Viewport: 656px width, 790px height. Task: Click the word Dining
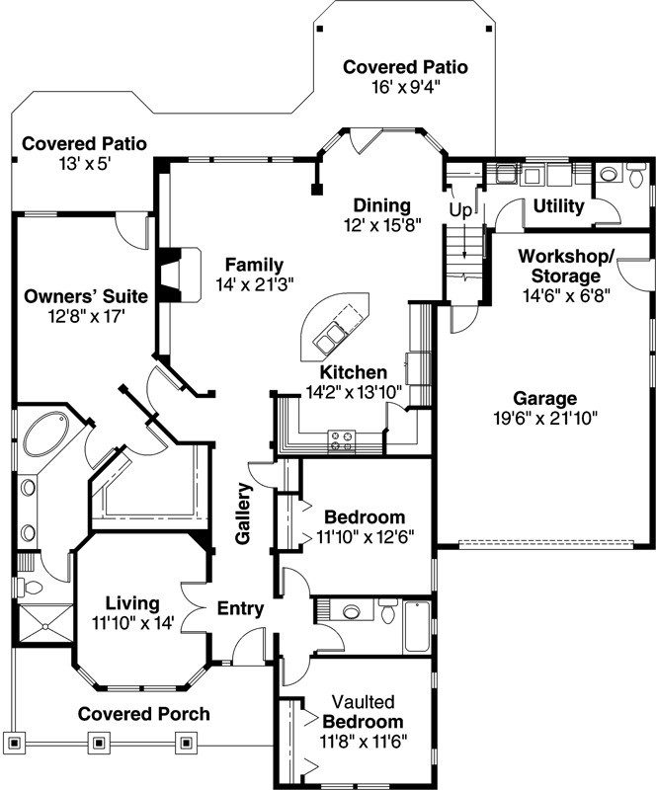click(x=382, y=205)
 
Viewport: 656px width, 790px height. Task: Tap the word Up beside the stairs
click(x=460, y=210)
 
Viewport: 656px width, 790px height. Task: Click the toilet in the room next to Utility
click(x=609, y=176)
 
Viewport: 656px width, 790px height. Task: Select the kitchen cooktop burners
click(x=343, y=440)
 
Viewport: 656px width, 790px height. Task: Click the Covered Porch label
click(x=143, y=714)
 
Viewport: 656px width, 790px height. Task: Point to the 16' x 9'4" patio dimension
click(x=405, y=86)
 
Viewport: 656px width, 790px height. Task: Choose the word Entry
click(x=240, y=608)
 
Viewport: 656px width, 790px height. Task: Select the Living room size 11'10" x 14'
click(x=132, y=623)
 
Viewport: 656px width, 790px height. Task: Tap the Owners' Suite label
click(x=86, y=295)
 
